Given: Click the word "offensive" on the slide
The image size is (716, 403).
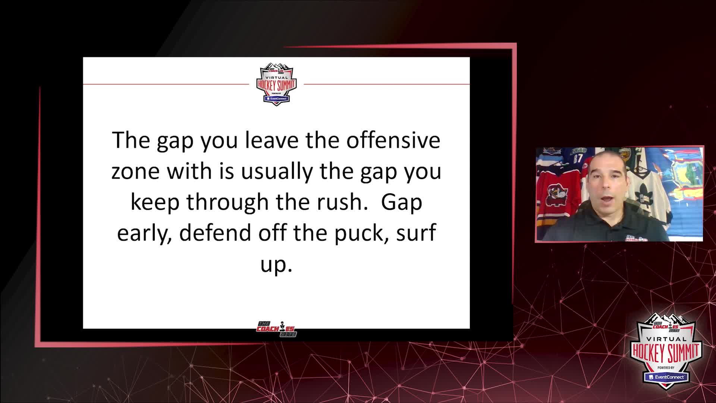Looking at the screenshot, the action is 393,140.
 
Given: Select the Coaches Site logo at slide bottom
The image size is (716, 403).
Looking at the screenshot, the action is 276,329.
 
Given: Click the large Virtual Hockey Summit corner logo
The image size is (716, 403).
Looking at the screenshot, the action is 666,351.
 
